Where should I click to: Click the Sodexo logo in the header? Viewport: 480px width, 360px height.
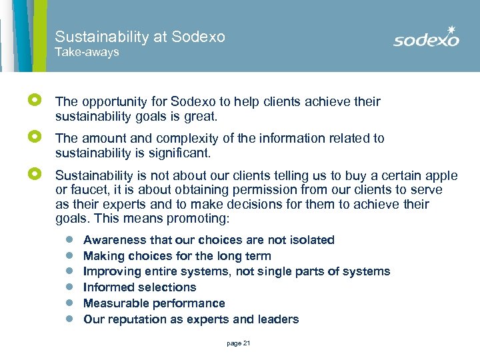(x=426, y=39)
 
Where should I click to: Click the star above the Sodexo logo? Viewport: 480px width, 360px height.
(x=451, y=29)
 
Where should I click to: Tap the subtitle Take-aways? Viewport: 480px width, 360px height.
(x=87, y=52)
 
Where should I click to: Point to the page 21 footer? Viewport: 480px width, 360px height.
(x=238, y=343)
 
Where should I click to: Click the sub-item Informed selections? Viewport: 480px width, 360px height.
(x=139, y=287)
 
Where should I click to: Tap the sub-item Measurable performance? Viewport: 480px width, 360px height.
(x=154, y=303)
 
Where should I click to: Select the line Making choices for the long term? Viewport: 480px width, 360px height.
(x=177, y=256)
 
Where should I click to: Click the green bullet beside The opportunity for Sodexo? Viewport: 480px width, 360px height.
(x=35, y=100)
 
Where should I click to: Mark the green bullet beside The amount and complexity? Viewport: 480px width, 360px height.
(x=35, y=137)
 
